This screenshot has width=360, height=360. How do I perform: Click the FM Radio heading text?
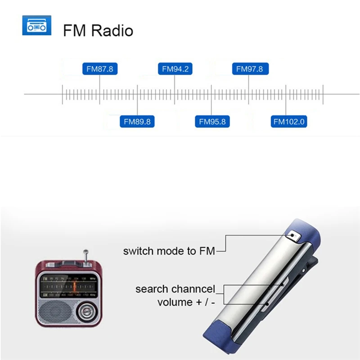tap(98, 31)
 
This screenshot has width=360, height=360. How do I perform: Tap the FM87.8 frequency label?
tap(100, 69)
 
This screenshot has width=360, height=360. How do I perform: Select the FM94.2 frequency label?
tap(175, 69)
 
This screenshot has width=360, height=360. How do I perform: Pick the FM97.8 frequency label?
tap(250, 69)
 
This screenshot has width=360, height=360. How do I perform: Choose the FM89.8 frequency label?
tap(137, 121)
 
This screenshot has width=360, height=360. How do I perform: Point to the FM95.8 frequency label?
tap(212, 121)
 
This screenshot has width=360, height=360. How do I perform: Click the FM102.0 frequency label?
tap(289, 121)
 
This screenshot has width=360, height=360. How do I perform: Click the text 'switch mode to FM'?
tap(169, 251)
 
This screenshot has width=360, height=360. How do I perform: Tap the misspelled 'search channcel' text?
tap(175, 289)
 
